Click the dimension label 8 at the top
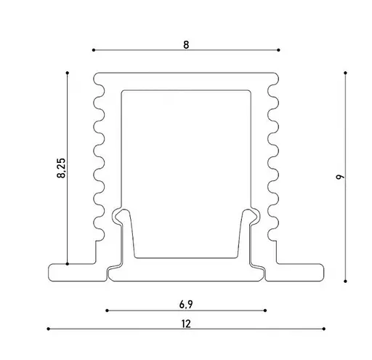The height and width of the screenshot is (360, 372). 186,44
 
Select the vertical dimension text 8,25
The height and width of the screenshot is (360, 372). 61,169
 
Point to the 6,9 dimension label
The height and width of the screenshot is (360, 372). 186,304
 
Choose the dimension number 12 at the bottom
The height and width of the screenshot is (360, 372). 186,324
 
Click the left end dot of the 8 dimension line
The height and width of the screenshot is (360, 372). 94,50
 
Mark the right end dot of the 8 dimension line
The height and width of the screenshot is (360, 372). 279,50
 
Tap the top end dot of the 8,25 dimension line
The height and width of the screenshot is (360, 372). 67,73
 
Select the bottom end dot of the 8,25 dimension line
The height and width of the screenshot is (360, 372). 67,263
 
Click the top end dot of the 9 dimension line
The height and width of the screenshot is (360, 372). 345,73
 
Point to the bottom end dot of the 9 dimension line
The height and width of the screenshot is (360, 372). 345,281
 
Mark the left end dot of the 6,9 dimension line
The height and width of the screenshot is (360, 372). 107,311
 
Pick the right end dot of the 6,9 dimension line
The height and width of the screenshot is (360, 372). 266,311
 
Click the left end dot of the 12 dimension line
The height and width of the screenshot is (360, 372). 48,329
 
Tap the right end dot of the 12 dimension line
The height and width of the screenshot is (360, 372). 325,329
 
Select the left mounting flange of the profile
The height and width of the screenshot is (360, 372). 73,272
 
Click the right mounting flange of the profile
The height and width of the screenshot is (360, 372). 299,272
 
